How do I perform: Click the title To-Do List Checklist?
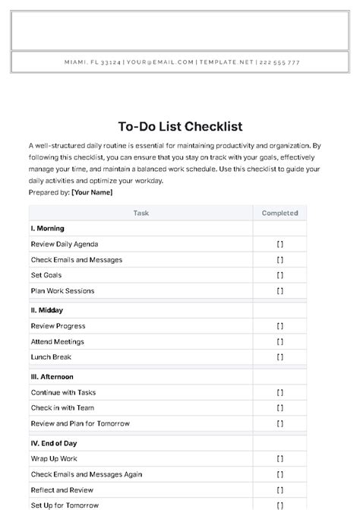[180, 126]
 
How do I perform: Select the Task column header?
[141, 214]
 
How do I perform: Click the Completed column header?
[279, 214]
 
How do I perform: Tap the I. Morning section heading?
[47, 229]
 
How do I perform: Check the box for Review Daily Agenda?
[279, 245]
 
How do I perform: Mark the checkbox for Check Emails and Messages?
[279, 260]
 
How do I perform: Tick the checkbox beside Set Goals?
[279, 275]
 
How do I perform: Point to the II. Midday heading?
[46, 310]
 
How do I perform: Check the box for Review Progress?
[279, 326]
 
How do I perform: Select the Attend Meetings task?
[57, 341]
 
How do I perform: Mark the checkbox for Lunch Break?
[279, 356]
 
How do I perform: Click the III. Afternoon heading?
[52, 376]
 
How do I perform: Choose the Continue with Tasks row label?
[63, 392]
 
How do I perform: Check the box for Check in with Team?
[279, 407]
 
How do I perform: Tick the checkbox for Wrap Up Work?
[279, 459]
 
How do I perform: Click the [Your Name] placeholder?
[92, 192]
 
